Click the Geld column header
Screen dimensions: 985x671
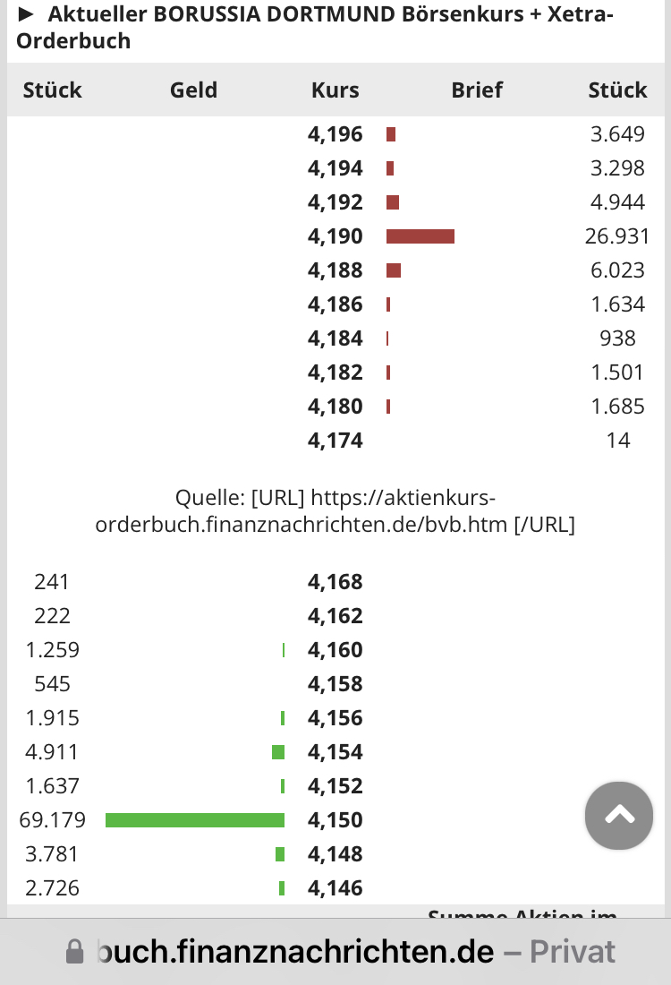pos(193,90)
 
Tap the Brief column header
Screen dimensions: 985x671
pos(477,90)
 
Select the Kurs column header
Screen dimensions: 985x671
pos(335,90)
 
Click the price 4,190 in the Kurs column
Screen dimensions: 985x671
pos(335,236)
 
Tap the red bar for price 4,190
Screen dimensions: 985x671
pos(420,236)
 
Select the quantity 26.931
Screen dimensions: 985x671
pos(617,236)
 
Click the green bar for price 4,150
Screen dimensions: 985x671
pos(195,820)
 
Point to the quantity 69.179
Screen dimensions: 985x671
pos(52,820)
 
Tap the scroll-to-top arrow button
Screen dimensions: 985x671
pos(619,815)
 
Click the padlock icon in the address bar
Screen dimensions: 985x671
pos(75,951)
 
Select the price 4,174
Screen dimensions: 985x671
pos(335,441)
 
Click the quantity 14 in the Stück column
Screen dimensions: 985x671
pos(617,441)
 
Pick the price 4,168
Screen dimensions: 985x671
pos(335,582)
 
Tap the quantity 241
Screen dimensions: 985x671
pos(52,582)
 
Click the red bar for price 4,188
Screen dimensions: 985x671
pos(394,270)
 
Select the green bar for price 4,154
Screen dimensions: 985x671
pos(278,752)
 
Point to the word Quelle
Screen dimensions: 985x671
pos(210,498)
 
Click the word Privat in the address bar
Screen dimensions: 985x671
pos(573,951)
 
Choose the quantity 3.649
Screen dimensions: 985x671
pos(617,134)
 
